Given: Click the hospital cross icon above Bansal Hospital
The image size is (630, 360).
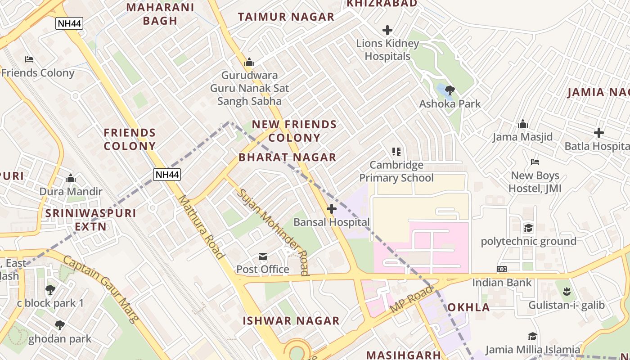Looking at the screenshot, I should (332, 209).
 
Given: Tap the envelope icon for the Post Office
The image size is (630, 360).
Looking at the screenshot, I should (263, 256).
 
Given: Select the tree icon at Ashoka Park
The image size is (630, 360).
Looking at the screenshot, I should (450, 91).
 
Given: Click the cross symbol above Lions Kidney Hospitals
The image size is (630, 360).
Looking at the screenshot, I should (387, 30).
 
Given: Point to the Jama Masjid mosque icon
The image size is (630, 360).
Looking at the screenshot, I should (523, 124).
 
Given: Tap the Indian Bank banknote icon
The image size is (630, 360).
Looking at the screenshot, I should (502, 269).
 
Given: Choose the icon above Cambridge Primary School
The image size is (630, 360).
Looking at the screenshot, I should (396, 152).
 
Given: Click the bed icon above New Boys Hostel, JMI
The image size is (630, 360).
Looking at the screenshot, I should (535, 162).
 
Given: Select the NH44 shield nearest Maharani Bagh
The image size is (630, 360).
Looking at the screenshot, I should (69, 23).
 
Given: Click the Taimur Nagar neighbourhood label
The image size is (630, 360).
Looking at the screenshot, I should (286, 17).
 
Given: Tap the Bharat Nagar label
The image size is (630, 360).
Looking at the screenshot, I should (288, 157).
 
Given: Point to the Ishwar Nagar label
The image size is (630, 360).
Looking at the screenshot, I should (291, 321).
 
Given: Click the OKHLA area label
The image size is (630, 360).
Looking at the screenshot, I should (468, 307).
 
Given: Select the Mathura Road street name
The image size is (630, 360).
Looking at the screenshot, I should (201, 227).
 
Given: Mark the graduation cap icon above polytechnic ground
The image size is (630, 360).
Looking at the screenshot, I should (528, 228).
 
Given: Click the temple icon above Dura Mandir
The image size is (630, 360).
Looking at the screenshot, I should (71, 179).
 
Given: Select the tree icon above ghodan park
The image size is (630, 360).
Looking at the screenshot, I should (60, 325).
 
